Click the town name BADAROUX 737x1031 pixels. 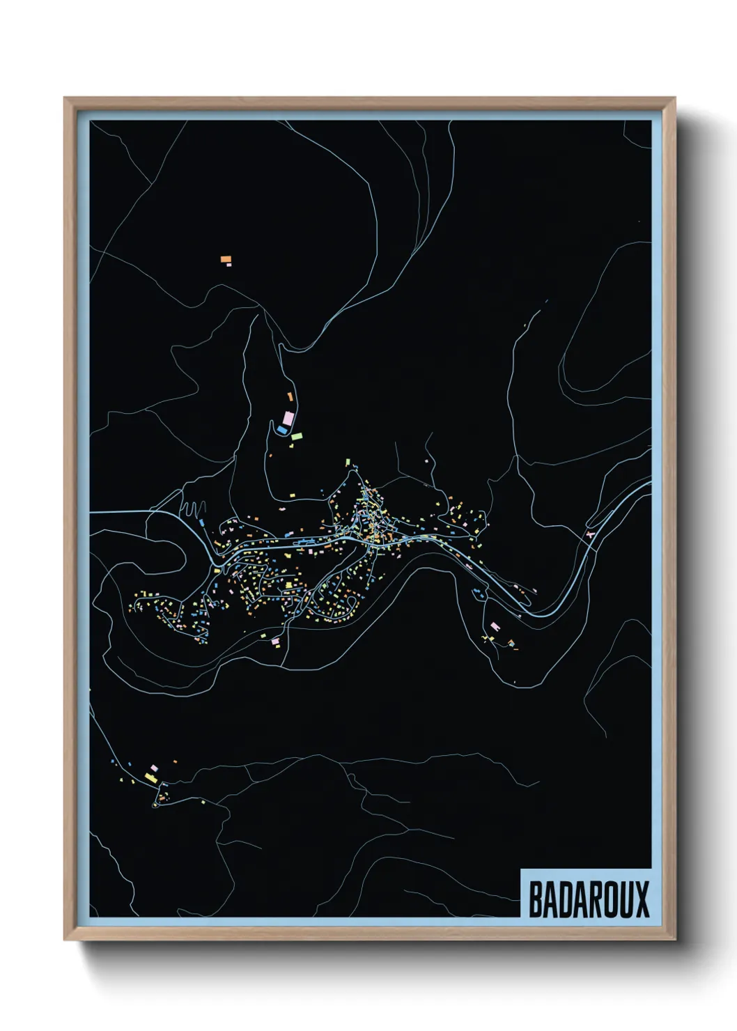coord(589,899)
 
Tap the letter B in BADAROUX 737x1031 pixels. coord(536,899)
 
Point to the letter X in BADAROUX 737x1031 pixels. coord(642,899)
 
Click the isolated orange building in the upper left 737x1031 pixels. coord(225,259)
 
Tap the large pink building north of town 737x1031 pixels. coord(287,419)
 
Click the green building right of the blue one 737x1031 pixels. coord(297,436)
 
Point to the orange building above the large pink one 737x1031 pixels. coord(290,396)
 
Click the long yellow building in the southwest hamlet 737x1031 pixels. coord(151,777)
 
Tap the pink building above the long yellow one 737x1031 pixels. coord(154,768)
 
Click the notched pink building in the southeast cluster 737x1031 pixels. coord(495,627)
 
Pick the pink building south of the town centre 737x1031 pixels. coord(274,639)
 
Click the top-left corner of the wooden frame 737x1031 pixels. coord(65,98)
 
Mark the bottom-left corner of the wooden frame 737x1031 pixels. coord(65,940)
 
